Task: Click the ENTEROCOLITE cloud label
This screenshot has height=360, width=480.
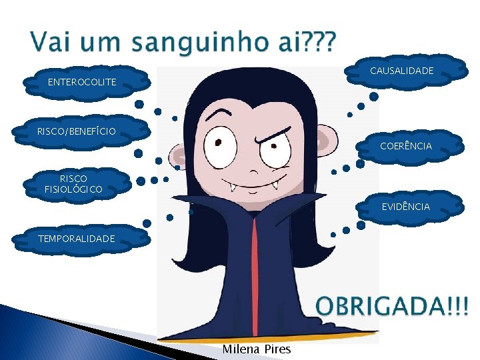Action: point(82,82)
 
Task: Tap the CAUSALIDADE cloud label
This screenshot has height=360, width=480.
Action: point(401,71)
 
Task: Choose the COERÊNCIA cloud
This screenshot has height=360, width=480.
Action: point(405,145)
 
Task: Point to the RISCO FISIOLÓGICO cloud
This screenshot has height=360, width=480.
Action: point(73,184)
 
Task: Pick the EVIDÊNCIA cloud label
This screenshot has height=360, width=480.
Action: point(405,207)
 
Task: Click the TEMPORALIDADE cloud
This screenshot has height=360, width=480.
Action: point(76,238)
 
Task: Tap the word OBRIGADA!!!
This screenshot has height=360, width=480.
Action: point(392,307)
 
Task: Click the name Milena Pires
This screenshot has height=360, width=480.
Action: point(256,349)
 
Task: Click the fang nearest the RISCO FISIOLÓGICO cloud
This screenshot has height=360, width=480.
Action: point(233,187)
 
